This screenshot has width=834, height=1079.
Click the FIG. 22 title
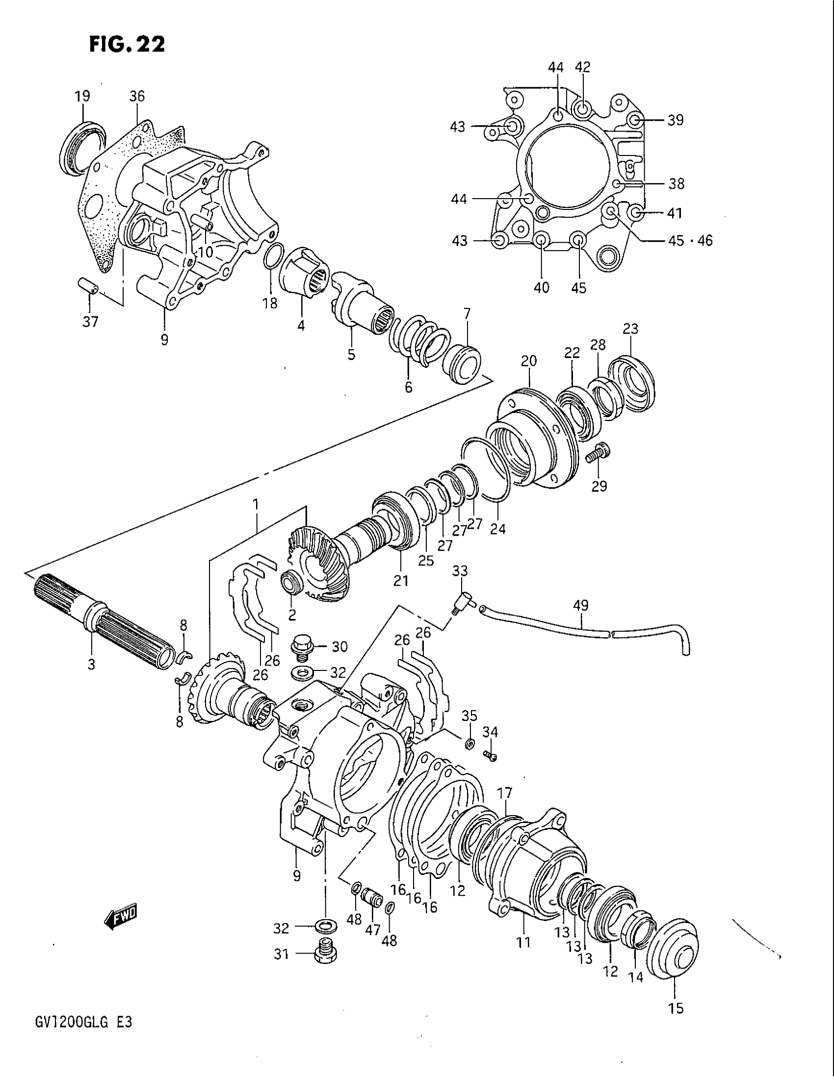coord(127,45)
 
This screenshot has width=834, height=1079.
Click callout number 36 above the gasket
coord(137,96)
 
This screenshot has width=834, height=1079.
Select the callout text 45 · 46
coord(690,241)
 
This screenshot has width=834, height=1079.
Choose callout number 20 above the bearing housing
coord(528,360)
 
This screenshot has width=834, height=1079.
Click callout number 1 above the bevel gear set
coord(256,504)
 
